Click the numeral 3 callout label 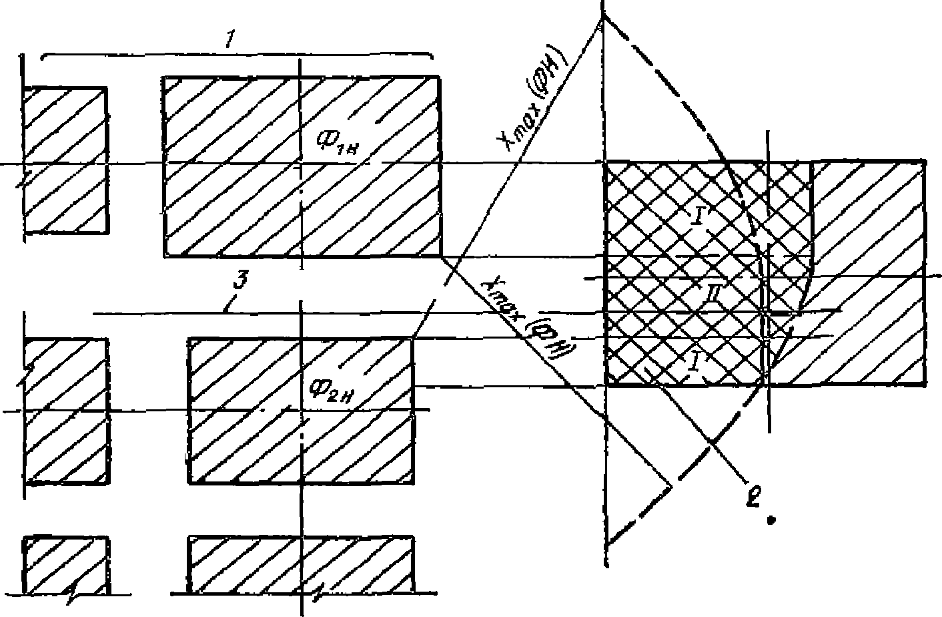[236, 283]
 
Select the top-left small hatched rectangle [65, 160]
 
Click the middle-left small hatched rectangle [65, 410]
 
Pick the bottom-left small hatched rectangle [65, 565]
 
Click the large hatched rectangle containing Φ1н [300, 167]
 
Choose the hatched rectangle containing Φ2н [300, 410]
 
